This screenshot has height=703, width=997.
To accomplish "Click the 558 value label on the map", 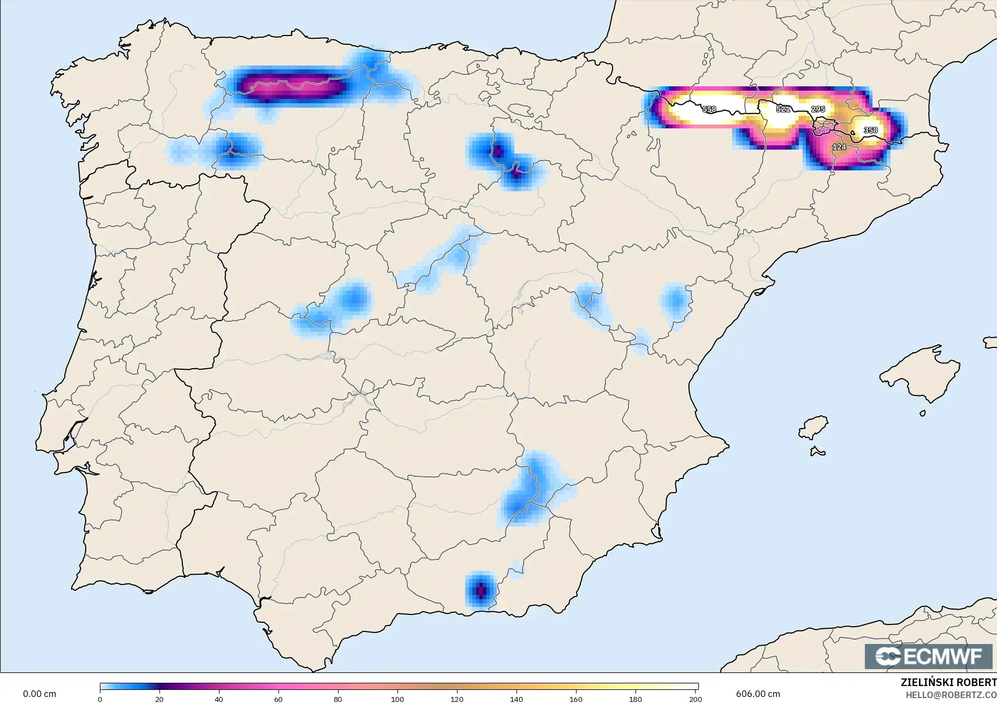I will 709,109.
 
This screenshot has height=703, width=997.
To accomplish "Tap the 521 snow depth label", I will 783,109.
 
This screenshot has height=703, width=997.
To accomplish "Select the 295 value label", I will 818,109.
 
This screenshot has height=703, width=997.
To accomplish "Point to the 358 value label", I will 870,130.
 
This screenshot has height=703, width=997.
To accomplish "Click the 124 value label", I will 839,147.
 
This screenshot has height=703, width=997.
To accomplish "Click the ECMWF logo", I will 928,656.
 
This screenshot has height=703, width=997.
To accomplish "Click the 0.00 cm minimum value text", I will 39,694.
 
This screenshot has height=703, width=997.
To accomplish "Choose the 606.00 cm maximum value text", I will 758,694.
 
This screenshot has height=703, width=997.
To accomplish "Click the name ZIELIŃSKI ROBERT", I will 948,683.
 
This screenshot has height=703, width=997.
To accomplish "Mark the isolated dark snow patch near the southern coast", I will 480,590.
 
